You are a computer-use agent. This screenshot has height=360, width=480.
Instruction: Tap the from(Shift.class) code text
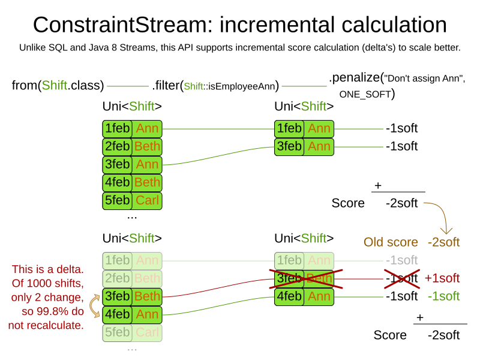click(x=58, y=86)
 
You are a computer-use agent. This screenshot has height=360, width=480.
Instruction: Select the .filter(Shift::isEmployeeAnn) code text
click(x=215, y=86)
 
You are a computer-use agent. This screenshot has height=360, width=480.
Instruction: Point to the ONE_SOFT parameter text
click(x=367, y=94)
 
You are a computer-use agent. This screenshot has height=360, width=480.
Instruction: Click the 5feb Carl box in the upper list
click(x=132, y=200)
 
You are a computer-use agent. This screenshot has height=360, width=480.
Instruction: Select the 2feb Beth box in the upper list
click(x=132, y=146)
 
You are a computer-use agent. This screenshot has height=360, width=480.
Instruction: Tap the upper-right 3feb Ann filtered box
click(x=304, y=146)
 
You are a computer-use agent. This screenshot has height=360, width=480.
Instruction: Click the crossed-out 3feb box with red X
click(x=304, y=278)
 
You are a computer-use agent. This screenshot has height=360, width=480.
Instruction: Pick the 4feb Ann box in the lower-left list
click(x=132, y=314)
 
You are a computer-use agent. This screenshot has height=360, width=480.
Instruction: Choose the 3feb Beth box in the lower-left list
click(x=132, y=296)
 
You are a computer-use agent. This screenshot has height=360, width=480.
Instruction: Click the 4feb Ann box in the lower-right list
click(x=304, y=296)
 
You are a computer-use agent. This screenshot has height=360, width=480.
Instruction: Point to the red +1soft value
click(x=442, y=278)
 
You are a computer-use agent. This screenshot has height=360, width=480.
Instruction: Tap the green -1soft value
click(x=443, y=296)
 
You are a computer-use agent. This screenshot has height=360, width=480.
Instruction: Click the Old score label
click(x=391, y=242)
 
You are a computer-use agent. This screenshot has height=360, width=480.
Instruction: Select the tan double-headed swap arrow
click(x=95, y=305)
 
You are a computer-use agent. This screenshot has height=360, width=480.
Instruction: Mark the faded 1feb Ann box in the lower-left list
click(x=132, y=260)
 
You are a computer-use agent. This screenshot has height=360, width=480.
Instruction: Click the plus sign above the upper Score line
click(x=378, y=186)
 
